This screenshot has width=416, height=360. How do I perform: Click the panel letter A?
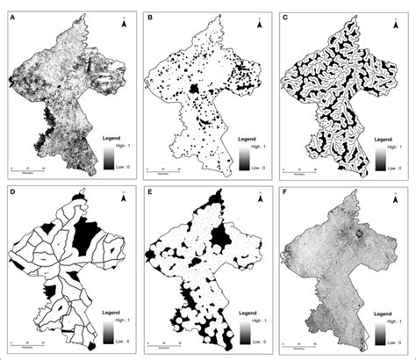coord(11,15)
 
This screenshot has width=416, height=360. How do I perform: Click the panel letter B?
coord(147,15)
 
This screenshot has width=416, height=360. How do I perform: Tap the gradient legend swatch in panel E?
coord(244,330)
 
